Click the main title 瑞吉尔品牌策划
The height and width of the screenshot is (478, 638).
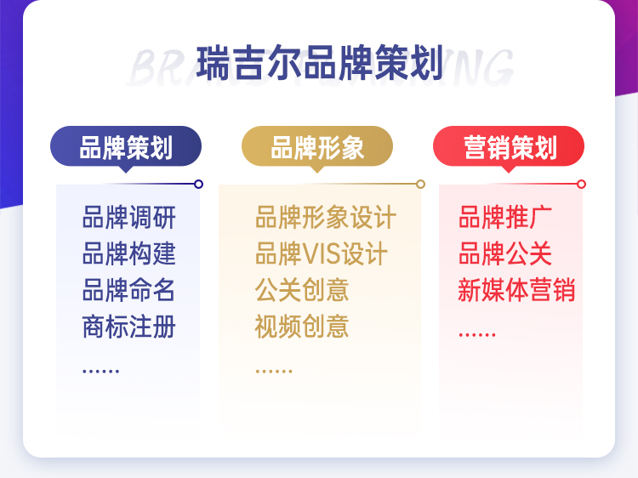tap(319, 63)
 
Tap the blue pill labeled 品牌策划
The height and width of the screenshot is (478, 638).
tap(126, 146)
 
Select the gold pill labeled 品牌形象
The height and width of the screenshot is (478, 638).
tap(317, 146)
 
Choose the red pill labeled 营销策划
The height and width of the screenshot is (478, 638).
tap(509, 146)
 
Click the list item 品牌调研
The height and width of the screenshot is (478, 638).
tap(129, 217)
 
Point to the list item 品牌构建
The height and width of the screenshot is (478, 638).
tap(129, 253)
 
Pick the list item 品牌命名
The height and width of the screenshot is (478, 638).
tap(129, 290)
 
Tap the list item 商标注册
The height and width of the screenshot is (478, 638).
tap(129, 327)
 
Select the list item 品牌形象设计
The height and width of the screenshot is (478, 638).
tap(326, 217)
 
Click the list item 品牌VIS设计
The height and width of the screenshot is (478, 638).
tap(322, 253)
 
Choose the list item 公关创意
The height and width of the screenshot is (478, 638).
tap(302, 290)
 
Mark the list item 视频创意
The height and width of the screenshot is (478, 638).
tap(302, 327)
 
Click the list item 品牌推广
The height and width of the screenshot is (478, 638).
tap(505, 217)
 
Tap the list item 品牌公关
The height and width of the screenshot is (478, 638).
tap(505, 253)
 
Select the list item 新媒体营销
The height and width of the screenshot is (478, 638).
tap(516, 290)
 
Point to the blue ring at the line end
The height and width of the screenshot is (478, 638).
tap(198, 184)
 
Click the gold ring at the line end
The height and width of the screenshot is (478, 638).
tap(421, 184)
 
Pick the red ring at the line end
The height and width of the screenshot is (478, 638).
tap(582, 184)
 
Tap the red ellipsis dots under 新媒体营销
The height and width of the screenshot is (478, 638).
tap(477, 335)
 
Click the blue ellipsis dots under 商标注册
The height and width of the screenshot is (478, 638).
tap(101, 371)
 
